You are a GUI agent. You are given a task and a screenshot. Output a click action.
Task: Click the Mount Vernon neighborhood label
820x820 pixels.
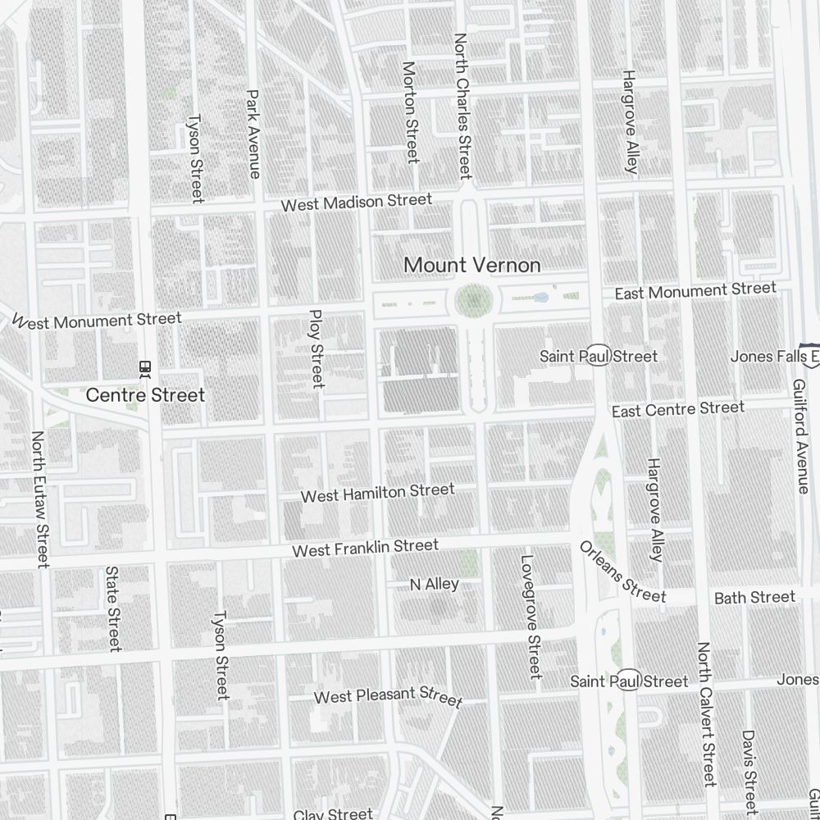point(472,265)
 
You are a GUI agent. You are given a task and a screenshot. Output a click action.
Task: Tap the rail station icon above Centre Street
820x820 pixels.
point(145,369)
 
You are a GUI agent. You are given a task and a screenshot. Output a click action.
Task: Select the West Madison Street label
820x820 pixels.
point(356,202)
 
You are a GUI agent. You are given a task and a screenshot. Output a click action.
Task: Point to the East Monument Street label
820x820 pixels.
point(695,290)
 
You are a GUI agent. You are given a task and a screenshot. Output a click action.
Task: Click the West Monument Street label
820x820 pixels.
point(97,320)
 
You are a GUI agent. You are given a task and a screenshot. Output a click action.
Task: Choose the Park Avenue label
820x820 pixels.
point(253,134)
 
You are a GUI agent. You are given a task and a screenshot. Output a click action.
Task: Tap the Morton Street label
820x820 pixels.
point(411,112)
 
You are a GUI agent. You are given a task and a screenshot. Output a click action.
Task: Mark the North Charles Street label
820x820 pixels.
point(462,106)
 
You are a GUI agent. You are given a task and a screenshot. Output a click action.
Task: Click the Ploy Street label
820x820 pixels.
point(317,348)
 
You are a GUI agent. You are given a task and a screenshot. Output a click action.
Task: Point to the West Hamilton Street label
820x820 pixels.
point(377,493)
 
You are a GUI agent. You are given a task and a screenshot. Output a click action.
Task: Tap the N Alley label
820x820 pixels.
point(434,584)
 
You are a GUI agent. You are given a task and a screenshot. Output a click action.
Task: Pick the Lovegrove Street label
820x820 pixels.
point(531,617)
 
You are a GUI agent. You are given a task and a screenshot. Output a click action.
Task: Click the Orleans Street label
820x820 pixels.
point(622,572)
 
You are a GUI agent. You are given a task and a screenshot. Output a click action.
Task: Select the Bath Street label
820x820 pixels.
point(754,597)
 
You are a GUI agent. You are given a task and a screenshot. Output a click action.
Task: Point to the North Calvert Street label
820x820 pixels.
point(706,713)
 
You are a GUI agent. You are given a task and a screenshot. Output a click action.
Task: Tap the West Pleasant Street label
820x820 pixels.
point(389,696)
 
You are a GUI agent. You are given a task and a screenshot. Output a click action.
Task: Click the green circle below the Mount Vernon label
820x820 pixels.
point(473,301)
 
